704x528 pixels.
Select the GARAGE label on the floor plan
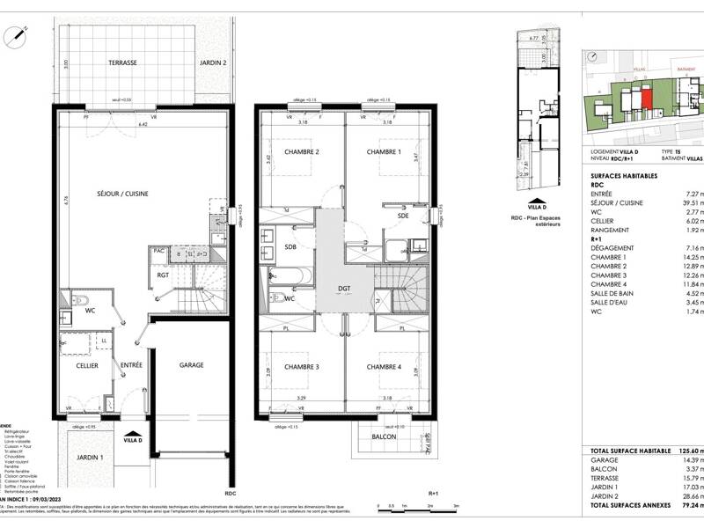pos(192,365)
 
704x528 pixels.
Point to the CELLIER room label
pos(86,365)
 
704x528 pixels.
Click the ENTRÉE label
pos(132,365)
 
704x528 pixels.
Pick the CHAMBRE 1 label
pos(384,151)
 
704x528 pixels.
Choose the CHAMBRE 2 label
pos(301,151)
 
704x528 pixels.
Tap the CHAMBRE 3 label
pos(301,366)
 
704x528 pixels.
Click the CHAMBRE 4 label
pos(384,366)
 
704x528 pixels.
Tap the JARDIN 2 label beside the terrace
pos(213,63)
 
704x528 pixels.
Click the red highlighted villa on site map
pos(647,99)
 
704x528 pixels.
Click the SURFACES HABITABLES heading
pos(623,176)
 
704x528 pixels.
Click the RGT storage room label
pos(163,275)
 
